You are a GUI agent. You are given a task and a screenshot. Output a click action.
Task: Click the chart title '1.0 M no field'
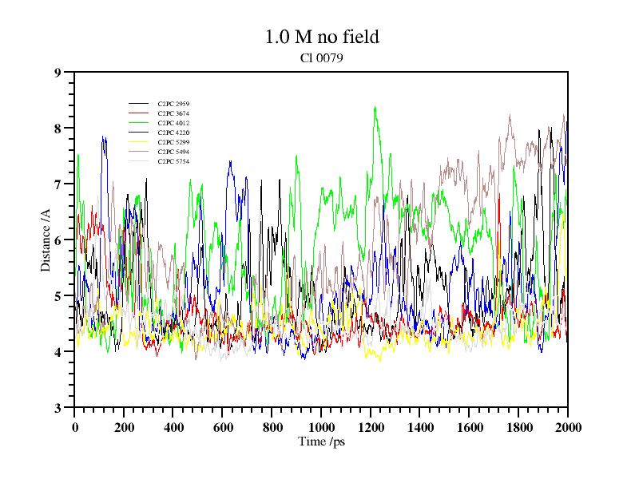321,37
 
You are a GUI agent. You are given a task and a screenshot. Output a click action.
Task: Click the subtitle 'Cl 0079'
321,58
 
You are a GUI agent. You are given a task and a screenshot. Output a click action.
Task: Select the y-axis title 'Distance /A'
46,239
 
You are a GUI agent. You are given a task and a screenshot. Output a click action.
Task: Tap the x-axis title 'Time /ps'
321,441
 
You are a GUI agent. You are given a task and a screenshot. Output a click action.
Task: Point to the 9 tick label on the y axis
58,73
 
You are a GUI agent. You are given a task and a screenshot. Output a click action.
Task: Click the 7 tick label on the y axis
58,184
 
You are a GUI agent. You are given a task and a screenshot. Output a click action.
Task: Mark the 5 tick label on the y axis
58,296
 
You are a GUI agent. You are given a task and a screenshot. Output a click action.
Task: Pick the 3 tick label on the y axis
58,408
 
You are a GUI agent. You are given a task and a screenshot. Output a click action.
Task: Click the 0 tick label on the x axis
75,427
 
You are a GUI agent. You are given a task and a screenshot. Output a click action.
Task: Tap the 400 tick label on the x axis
173,427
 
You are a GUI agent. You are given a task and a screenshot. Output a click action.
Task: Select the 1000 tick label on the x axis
321,427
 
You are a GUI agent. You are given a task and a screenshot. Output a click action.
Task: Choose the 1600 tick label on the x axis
470,427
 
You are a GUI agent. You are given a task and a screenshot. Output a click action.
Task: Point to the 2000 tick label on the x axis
568,427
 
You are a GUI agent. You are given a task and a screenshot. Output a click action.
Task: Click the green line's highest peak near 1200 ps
375,108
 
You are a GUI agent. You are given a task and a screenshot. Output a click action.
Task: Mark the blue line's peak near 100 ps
103,137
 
